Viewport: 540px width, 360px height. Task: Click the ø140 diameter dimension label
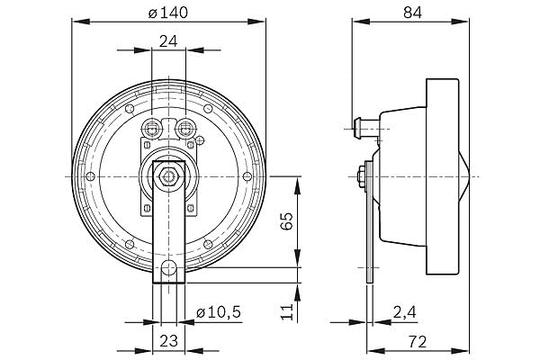click(x=168, y=13)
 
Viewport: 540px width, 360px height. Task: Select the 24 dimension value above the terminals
click(x=168, y=41)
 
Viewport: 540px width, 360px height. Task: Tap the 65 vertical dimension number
click(x=286, y=220)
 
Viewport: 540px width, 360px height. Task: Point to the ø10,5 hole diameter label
click(x=219, y=312)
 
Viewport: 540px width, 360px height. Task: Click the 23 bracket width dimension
click(x=169, y=341)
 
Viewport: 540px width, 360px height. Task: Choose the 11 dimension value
click(x=286, y=311)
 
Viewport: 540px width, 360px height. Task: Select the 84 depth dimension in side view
click(x=412, y=13)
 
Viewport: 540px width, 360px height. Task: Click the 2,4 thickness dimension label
click(x=405, y=312)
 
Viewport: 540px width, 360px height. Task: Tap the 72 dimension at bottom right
click(x=418, y=342)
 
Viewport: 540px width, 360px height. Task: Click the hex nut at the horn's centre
click(x=168, y=176)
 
